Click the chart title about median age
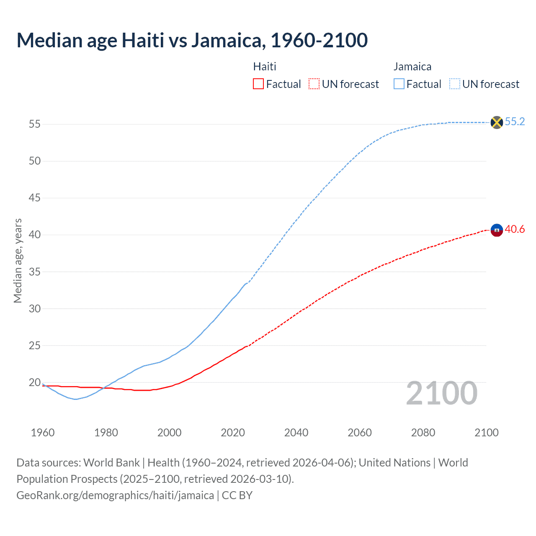point(192,40)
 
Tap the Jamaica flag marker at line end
point(497,122)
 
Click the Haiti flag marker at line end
point(497,230)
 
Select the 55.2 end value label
point(515,121)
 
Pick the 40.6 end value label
point(515,229)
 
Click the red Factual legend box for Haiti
point(258,84)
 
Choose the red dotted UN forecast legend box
point(314,84)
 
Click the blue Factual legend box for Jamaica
point(399,84)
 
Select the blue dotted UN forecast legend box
point(455,84)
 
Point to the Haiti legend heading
point(265,67)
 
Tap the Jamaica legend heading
point(412,67)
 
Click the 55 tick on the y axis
point(35,124)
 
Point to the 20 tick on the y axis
point(35,382)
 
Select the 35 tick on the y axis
point(35,272)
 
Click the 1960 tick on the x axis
point(43,433)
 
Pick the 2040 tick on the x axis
point(296,433)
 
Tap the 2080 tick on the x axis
point(423,433)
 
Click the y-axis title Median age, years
point(18,260)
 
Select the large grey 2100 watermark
point(441,393)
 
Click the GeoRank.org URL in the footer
point(115,495)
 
